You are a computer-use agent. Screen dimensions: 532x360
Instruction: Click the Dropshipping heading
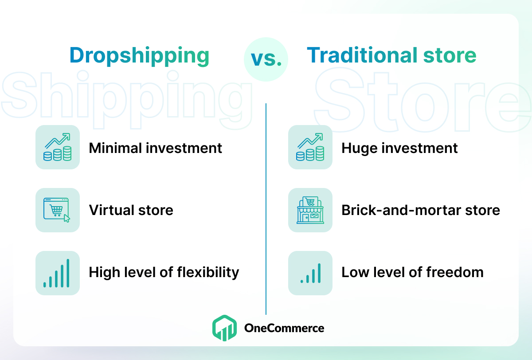139,56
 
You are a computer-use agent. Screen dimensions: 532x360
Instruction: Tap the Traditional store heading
391,55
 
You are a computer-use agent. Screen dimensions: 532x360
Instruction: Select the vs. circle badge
266,59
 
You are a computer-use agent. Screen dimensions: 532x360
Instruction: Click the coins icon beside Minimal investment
58,147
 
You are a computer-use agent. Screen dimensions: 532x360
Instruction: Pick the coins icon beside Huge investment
310,147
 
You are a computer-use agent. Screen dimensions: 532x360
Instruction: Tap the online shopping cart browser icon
57,210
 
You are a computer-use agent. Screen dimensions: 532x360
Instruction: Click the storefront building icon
310,210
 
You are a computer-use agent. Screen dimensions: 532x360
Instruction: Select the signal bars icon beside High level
57,273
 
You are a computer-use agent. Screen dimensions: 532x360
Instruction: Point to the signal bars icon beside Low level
311,273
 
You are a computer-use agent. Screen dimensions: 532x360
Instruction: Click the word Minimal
115,148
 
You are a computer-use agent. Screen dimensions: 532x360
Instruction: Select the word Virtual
111,210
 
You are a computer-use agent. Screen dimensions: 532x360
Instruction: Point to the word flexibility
208,273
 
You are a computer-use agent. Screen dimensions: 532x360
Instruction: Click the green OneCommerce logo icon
224,328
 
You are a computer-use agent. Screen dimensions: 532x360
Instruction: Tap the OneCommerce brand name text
284,328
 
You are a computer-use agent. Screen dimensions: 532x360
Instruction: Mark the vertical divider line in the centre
266,209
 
